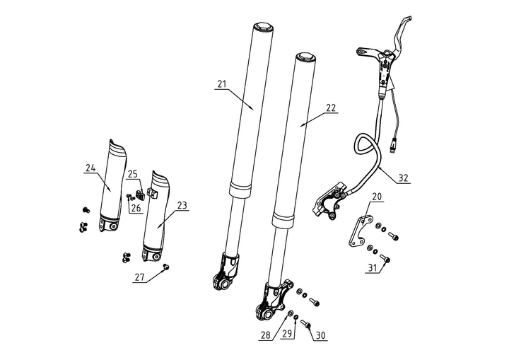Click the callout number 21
221,84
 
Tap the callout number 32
403,178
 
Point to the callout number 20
377,196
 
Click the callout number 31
372,267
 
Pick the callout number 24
90,168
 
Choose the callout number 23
182,206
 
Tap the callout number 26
135,208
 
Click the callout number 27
139,279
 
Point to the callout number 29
286,335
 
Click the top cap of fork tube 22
305,57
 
